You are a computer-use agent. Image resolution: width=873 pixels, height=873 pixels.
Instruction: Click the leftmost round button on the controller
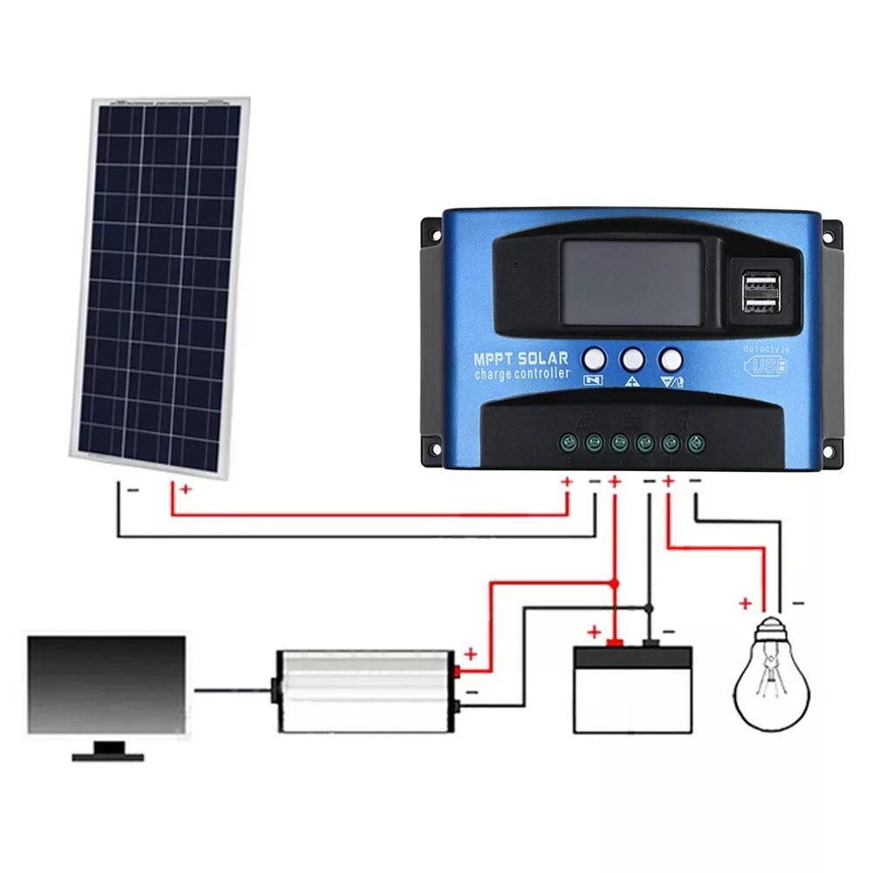pos(594,358)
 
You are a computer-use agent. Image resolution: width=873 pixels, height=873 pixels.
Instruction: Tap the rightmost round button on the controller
pos(671,358)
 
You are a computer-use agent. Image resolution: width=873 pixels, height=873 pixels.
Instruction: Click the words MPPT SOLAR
pos(521,358)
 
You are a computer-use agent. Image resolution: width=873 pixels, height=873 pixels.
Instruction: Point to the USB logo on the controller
pos(765,365)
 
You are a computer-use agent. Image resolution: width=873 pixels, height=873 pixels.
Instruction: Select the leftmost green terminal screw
pos(569,442)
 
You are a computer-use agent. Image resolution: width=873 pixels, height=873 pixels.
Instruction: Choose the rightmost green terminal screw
pos(695,442)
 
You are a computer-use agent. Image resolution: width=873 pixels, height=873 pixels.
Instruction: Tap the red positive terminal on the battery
pos(615,645)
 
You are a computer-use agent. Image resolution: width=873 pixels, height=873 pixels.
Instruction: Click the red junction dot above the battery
pos(615,582)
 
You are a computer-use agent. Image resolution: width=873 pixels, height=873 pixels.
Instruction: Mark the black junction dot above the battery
pos(649,607)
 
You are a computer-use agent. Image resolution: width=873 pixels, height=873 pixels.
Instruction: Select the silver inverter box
pos(365,690)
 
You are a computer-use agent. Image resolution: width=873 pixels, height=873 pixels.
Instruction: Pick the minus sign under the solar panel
pos(133,490)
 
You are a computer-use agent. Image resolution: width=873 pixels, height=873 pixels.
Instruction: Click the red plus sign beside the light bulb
pos(745,603)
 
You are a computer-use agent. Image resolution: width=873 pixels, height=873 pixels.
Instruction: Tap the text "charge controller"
pos(522,374)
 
